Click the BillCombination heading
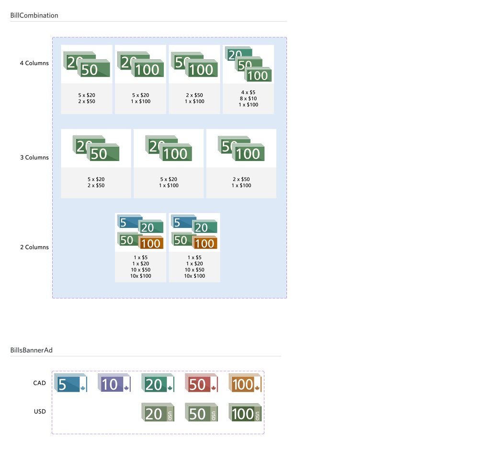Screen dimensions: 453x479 coord(34,15)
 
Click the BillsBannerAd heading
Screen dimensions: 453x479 coord(31,350)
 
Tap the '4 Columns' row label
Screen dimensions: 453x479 coord(34,63)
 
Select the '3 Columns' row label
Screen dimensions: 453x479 coord(34,158)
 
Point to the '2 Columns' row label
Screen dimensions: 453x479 coord(34,247)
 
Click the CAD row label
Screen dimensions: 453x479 coord(39,383)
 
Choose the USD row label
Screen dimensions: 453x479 coord(39,411)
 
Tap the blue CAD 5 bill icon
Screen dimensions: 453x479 coord(71,384)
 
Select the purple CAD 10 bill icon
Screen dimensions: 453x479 coord(114,384)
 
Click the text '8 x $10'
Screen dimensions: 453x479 coord(248,99)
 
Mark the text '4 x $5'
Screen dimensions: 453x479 coord(248,92)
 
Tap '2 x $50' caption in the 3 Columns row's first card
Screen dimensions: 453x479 coord(96,185)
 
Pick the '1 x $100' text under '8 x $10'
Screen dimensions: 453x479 coord(248,105)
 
